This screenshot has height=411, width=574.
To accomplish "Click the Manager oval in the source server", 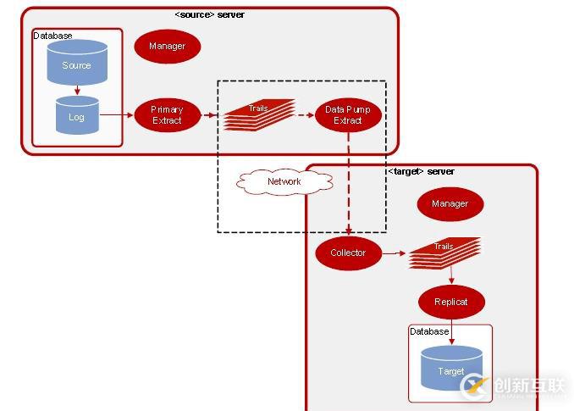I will point(167,46).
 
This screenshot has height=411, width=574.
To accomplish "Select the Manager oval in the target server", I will point(450,203).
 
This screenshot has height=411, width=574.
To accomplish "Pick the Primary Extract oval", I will point(167,115).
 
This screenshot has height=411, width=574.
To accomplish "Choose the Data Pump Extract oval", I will point(348,115).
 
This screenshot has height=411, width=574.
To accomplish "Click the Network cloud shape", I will point(284,181).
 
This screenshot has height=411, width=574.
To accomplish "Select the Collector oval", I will point(348,253).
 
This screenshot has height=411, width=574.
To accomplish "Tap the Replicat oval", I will point(451,301).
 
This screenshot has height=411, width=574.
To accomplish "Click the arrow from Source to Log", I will point(77,89).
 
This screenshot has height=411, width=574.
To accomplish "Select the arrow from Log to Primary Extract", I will point(116,115).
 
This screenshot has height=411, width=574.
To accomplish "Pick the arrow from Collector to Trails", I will point(394,253).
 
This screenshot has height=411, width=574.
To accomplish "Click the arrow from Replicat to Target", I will point(451,330).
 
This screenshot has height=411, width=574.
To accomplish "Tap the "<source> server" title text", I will point(209,14).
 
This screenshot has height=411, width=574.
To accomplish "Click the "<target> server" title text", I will point(421,171).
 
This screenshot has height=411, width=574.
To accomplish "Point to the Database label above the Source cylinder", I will point(52,36).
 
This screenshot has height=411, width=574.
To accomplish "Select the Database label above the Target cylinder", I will point(429,331).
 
